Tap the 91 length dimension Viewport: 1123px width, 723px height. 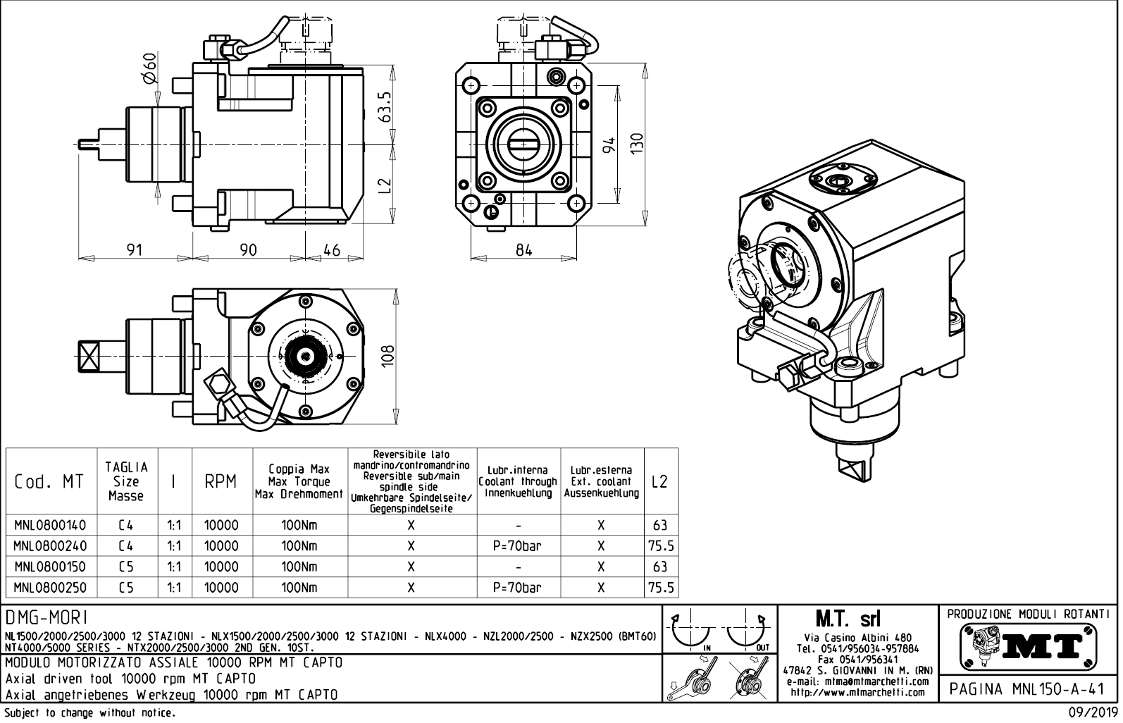pos(134,250)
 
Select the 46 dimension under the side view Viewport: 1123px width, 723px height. pos(331,250)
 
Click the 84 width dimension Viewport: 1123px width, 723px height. pos(523,250)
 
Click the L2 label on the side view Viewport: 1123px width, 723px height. pos(384,187)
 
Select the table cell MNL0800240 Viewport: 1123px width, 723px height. pos(50,546)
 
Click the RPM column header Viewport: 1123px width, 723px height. pos(221,482)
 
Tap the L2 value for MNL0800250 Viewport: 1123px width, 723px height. pos(661,587)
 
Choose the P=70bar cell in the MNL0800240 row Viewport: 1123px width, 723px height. pos(518,546)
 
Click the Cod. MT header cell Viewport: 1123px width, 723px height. pos(49,482)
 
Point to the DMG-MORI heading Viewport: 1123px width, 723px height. pos(46,618)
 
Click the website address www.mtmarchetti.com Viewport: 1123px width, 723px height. pos(857,692)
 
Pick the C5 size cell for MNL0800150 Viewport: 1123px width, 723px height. pos(126,567)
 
